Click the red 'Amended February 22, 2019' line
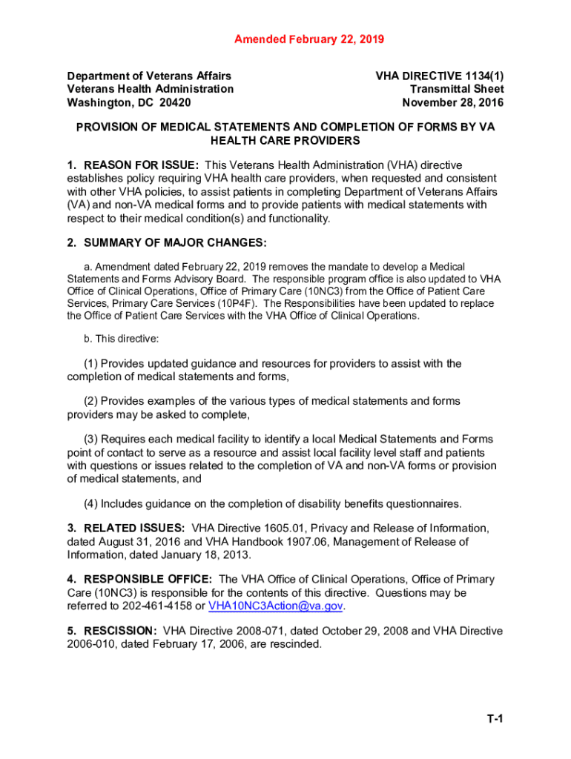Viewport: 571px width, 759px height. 309,39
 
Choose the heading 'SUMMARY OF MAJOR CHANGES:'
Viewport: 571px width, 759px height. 175,243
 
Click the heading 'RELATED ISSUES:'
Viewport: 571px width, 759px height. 135,528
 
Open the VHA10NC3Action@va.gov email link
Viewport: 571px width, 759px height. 277,606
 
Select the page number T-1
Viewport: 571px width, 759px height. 495,719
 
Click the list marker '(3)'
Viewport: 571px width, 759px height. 91,440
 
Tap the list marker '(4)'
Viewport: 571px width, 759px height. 91,504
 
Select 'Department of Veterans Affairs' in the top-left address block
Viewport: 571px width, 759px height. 149,76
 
